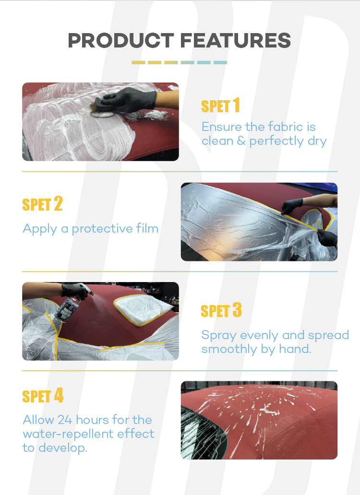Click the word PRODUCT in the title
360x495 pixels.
[121, 40]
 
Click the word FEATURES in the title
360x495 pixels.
[236, 40]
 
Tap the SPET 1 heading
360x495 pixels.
[220, 106]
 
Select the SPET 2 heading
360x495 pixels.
[42, 204]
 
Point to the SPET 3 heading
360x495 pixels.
[221, 310]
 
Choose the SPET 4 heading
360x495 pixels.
[43, 396]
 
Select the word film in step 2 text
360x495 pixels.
[147, 228]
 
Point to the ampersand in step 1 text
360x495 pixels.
[241, 141]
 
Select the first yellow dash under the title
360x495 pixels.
[138, 62]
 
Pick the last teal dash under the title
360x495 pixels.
[220, 62]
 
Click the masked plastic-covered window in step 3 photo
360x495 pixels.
[143, 308]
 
